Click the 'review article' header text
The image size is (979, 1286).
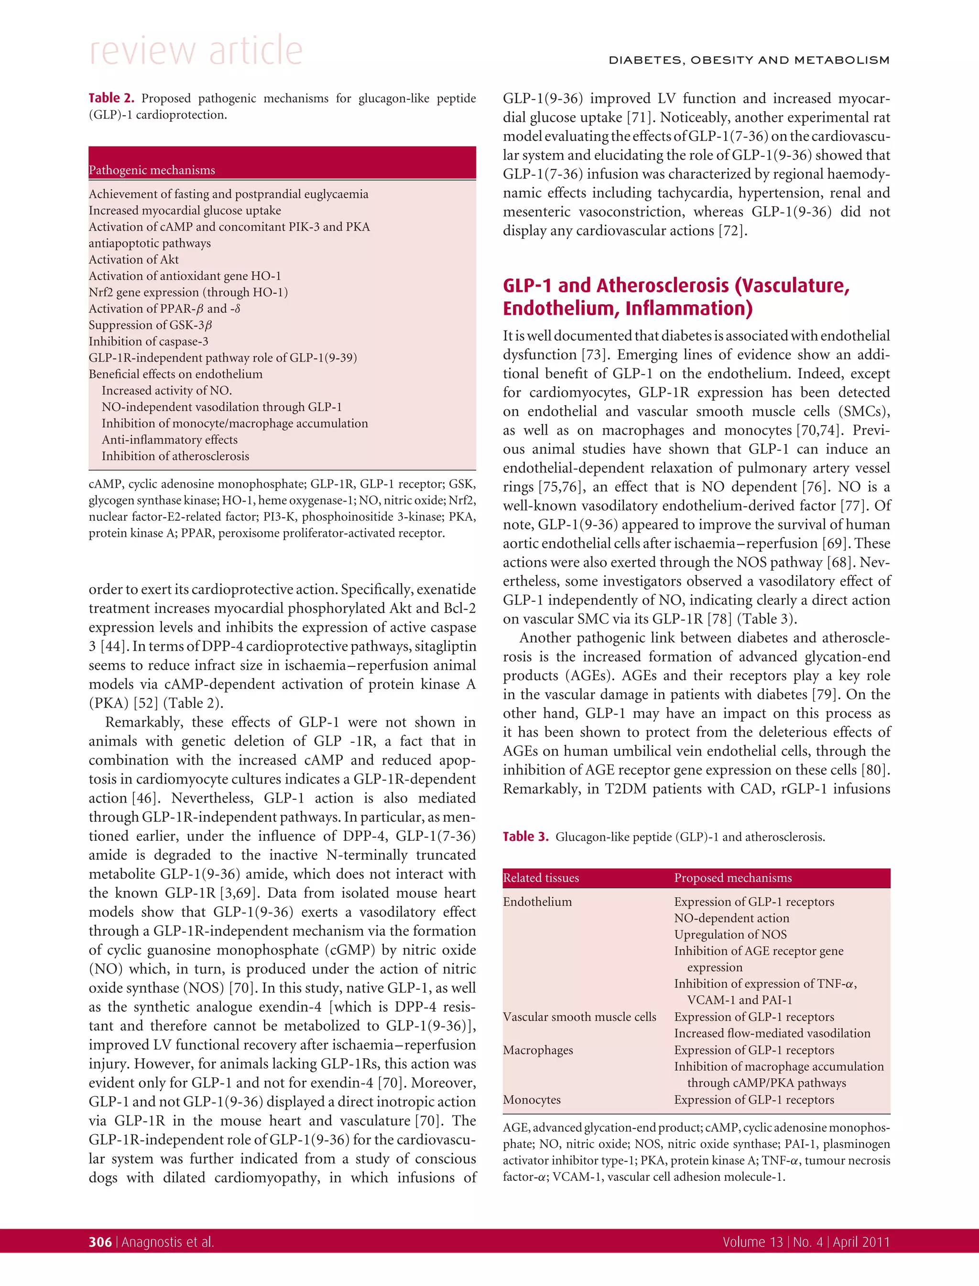tap(196, 51)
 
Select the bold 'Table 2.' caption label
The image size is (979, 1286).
tap(111, 98)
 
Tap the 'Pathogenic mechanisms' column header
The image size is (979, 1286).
tap(152, 170)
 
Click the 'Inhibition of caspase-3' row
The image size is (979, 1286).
tap(148, 341)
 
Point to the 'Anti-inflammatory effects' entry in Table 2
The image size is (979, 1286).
tap(170, 439)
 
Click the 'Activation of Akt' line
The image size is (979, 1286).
tap(133, 260)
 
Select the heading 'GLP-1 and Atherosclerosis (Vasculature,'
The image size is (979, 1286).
tap(676, 285)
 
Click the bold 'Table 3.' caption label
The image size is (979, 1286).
tap(526, 837)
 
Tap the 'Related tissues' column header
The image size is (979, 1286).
tap(541, 878)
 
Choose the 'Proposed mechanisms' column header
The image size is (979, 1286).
tap(732, 878)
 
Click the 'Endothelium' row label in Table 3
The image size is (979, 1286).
tap(537, 901)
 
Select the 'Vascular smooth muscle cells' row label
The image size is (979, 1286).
tap(579, 1017)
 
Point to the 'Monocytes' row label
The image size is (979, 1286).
tap(532, 1100)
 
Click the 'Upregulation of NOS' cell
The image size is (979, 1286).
tap(730, 934)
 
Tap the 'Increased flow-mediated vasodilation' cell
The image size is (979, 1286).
tap(772, 1033)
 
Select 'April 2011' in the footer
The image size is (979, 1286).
tap(861, 1243)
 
